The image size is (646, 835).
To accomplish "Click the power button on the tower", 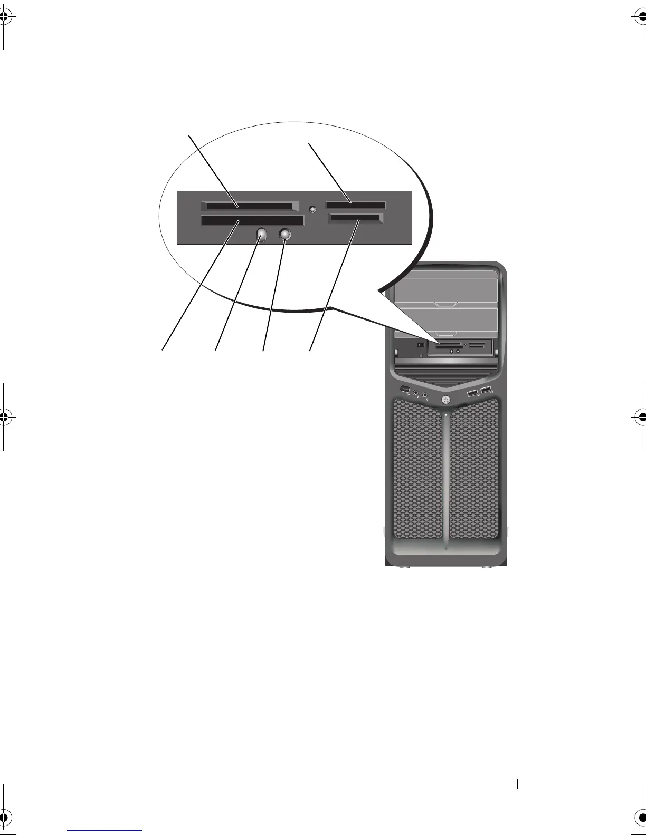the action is pos(446,401).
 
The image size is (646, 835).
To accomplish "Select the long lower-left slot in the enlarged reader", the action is pos(252,220).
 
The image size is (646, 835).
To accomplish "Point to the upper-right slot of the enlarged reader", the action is pos(356,205).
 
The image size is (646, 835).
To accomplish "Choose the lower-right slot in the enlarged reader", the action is pos(354,218).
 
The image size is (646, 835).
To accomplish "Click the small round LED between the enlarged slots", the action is pos(312,209).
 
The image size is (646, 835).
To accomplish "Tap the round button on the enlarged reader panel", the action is pos(285,234).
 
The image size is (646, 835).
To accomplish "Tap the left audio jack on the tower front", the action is pos(416,393).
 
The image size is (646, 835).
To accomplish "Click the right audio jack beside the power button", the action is pos(425,394).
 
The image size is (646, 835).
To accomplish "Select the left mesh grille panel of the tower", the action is pos(417,474).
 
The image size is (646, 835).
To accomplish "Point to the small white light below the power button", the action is pos(446,415).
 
